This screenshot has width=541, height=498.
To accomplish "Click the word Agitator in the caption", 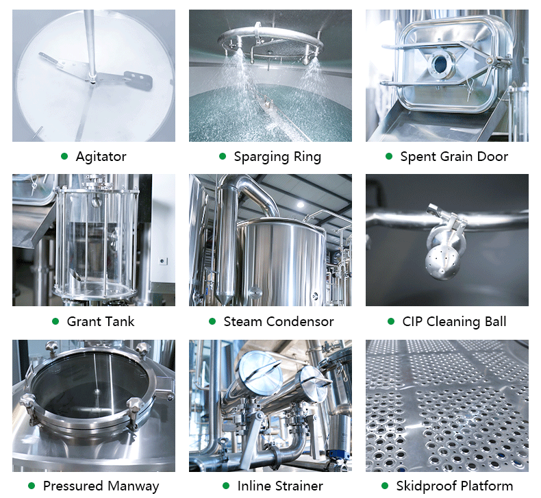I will point(101,157).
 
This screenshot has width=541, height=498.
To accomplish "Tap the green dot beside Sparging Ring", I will point(223,157).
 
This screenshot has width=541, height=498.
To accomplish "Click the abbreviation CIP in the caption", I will point(413,321).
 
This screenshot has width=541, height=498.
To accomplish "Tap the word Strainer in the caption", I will point(299,486).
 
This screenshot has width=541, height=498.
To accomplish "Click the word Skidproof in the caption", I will point(426,486).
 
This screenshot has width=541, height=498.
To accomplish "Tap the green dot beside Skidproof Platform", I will point(386,486).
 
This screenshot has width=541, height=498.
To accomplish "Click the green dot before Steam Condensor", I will point(212,321).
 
